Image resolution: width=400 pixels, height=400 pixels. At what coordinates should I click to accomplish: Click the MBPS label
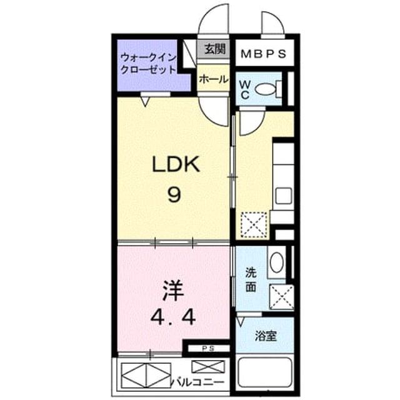click(264, 54)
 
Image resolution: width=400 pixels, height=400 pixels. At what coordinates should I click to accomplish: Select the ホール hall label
click(214, 79)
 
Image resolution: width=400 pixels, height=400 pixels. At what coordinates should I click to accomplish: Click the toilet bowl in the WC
click(265, 89)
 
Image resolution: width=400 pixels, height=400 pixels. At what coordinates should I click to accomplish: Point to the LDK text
click(176, 164)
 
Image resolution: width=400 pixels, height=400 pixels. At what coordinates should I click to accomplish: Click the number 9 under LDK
click(174, 194)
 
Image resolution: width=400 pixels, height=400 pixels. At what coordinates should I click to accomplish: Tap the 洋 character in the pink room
click(174, 291)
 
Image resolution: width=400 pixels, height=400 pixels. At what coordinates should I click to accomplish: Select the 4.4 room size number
click(173, 317)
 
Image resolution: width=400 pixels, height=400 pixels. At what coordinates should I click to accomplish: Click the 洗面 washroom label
click(251, 280)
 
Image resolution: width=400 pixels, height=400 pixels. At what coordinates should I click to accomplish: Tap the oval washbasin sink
click(276, 262)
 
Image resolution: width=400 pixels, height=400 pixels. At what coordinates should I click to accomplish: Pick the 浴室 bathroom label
click(266, 336)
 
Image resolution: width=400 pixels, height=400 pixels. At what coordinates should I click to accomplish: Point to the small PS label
click(208, 349)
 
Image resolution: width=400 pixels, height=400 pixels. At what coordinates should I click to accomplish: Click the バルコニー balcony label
click(197, 382)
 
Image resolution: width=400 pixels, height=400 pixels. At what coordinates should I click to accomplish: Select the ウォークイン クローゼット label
click(148, 63)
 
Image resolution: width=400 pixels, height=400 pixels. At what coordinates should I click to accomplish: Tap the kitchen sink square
click(284, 196)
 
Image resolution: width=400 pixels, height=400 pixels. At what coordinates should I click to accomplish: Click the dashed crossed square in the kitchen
click(254, 225)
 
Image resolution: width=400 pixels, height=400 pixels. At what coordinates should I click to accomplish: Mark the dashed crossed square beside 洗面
click(282, 297)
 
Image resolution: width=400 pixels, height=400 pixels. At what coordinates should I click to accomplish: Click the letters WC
click(245, 89)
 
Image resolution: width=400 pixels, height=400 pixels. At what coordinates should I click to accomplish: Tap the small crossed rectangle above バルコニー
click(208, 367)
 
